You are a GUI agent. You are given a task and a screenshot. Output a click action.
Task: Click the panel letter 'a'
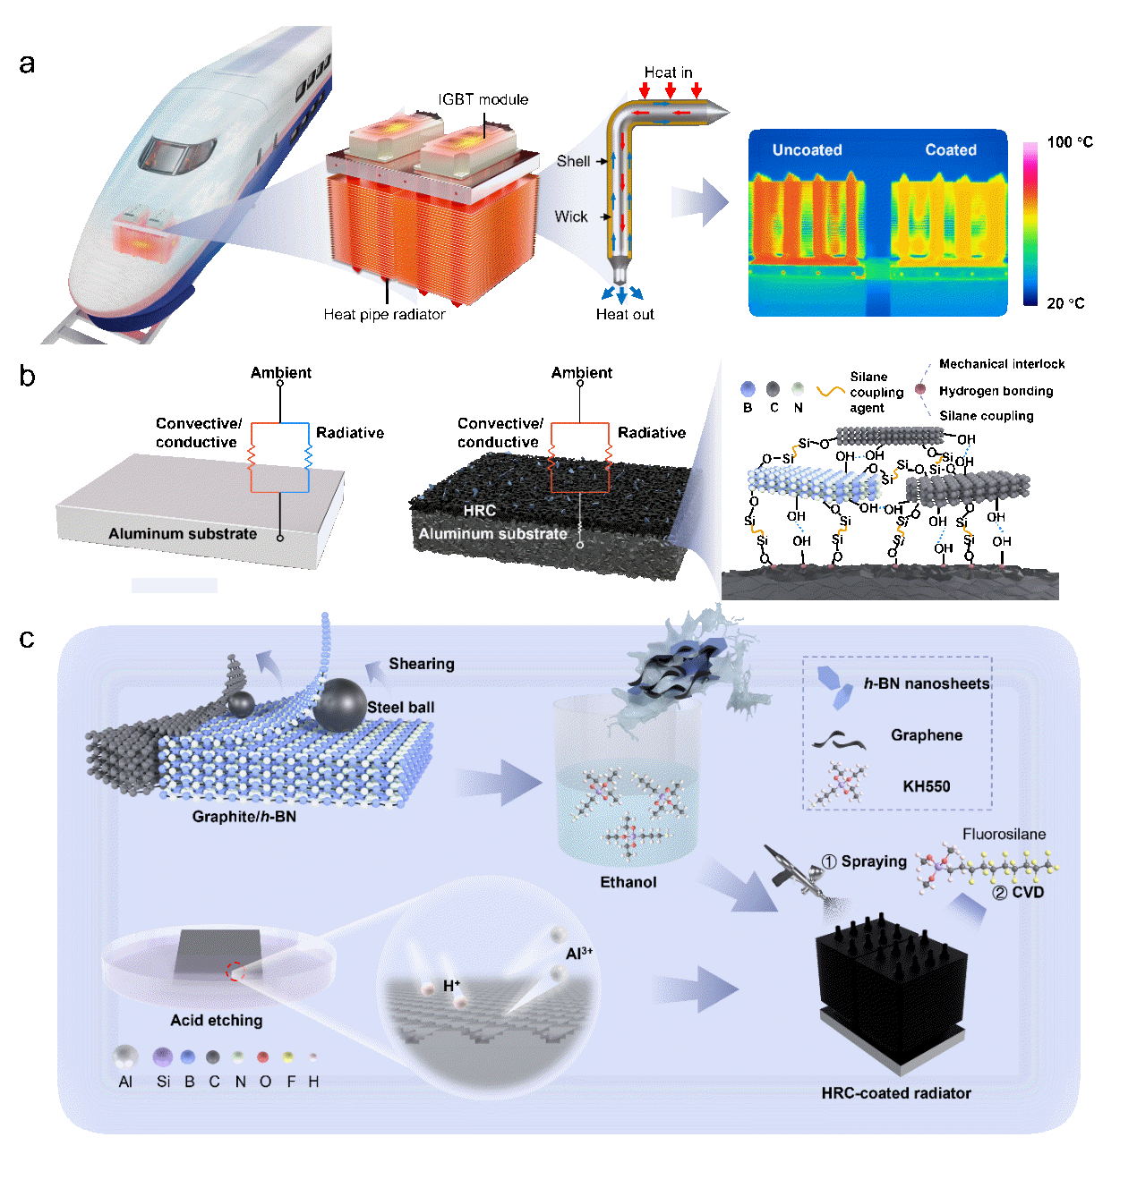(27, 64)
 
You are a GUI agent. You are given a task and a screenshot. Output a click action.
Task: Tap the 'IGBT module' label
(483, 99)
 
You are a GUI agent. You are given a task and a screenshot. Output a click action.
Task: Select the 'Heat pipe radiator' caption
(384, 314)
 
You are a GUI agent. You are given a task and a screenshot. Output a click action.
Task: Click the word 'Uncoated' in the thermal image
(807, 150)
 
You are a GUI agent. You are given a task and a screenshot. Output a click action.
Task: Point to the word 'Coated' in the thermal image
(951, 150)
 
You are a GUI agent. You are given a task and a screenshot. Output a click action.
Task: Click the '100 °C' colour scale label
(1070, 142)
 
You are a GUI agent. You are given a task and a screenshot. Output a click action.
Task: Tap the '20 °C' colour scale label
(1065, 303)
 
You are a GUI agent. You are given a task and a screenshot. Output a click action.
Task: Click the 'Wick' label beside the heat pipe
(571, 216)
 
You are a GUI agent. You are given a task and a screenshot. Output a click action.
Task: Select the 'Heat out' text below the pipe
(625, 314)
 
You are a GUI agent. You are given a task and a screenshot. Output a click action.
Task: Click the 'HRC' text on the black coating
(480, 510)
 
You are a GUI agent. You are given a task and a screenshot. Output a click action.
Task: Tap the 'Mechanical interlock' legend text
(1002, 364)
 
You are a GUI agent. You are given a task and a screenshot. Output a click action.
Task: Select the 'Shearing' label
(421, 664)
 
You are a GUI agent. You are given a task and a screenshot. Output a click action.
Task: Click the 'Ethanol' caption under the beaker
(628, 882)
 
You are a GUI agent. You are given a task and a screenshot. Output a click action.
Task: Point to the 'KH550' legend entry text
(926, 786)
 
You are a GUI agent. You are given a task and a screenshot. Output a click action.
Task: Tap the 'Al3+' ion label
(578, 954)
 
